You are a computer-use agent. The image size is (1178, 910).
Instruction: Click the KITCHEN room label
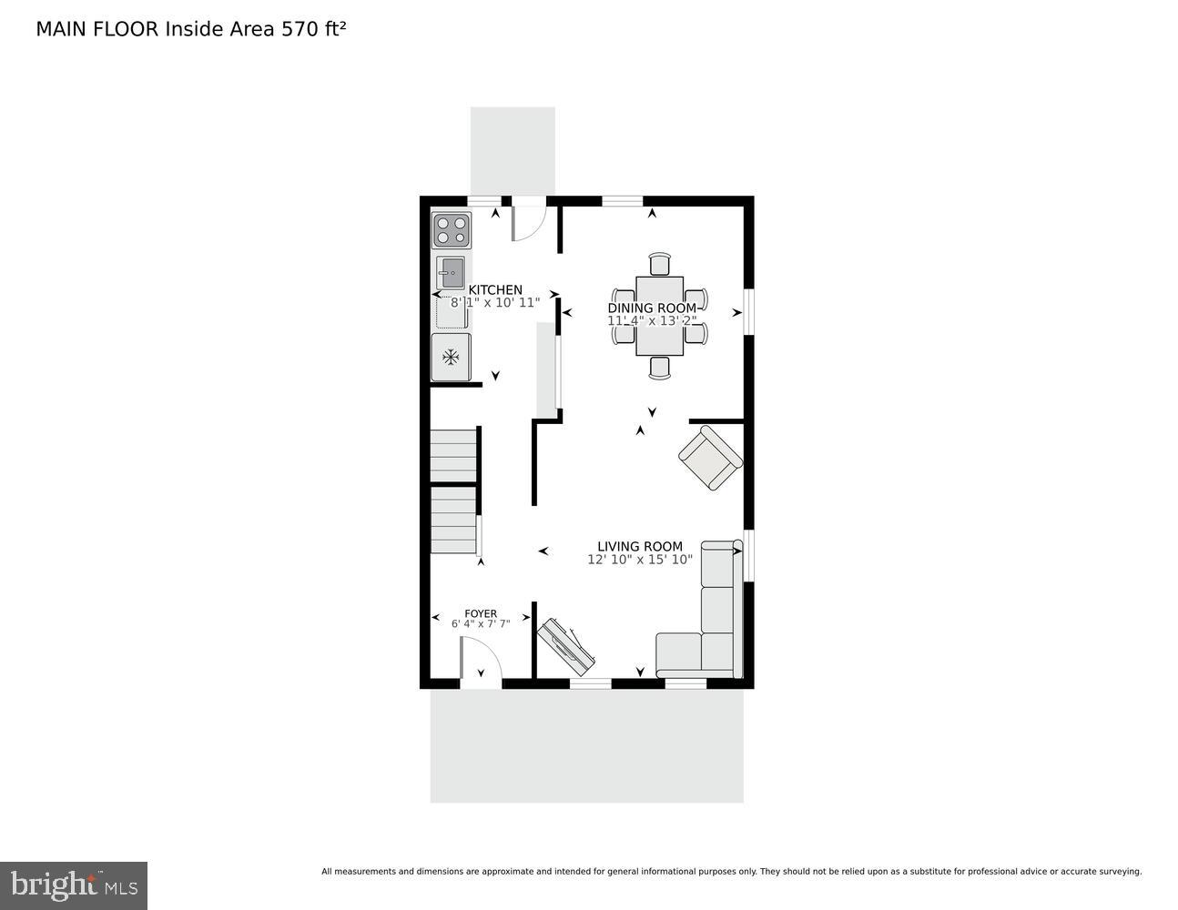tap(495, 289)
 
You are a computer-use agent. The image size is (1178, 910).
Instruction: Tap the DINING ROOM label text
tap(651, 308)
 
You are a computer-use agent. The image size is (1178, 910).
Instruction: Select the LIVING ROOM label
tap(639, 546)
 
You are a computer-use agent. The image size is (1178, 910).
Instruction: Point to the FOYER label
tap(480, 613)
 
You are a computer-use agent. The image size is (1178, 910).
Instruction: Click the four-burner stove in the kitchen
tap(452, 230)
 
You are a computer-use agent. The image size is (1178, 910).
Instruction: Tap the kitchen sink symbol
tap(451, 272)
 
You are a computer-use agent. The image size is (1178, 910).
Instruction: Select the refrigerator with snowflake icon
tap(451, 357)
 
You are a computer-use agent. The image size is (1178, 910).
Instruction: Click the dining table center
tap(659, 316)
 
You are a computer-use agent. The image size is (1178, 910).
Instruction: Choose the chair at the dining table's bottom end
tap(659, 367)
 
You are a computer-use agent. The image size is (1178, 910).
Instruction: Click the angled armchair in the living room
tap(710, 458)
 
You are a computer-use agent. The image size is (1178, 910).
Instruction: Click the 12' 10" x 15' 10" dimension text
tap(639, 560)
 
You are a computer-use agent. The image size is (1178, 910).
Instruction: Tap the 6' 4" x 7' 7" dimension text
tap(480, 623)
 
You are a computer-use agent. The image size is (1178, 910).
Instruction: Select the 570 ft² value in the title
tap(313, 29)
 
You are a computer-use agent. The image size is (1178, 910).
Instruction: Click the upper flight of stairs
tap(453, 455)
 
